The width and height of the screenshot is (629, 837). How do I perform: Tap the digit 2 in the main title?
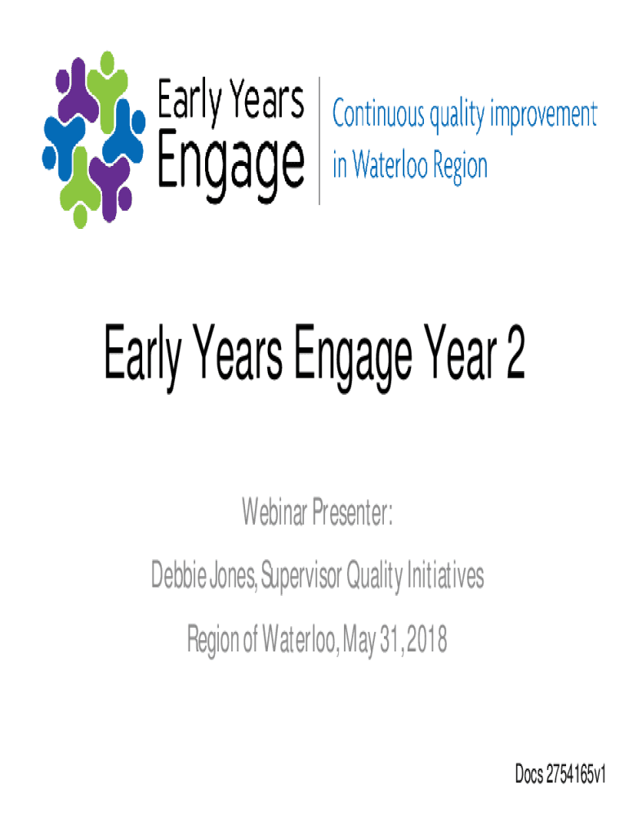click(516, 352)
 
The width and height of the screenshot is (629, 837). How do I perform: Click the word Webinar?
click(274, 512)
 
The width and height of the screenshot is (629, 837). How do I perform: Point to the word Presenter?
click(352, 512)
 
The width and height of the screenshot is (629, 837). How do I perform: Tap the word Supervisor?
click(301, 576)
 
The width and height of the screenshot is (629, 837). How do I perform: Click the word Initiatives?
click(445, 575)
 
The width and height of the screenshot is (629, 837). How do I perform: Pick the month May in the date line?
click(359, 639)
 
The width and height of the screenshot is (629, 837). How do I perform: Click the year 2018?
click(426, 638)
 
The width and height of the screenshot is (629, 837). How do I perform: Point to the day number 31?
click(390, 638)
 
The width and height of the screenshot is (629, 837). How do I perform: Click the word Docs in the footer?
click(529, 773)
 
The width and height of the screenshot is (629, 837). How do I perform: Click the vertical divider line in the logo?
click(319, 141)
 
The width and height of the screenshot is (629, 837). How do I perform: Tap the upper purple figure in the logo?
click(78, 92)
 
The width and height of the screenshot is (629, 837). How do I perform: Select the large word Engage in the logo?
click(230, 163)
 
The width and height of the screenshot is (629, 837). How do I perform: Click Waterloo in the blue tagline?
click(390, 163)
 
